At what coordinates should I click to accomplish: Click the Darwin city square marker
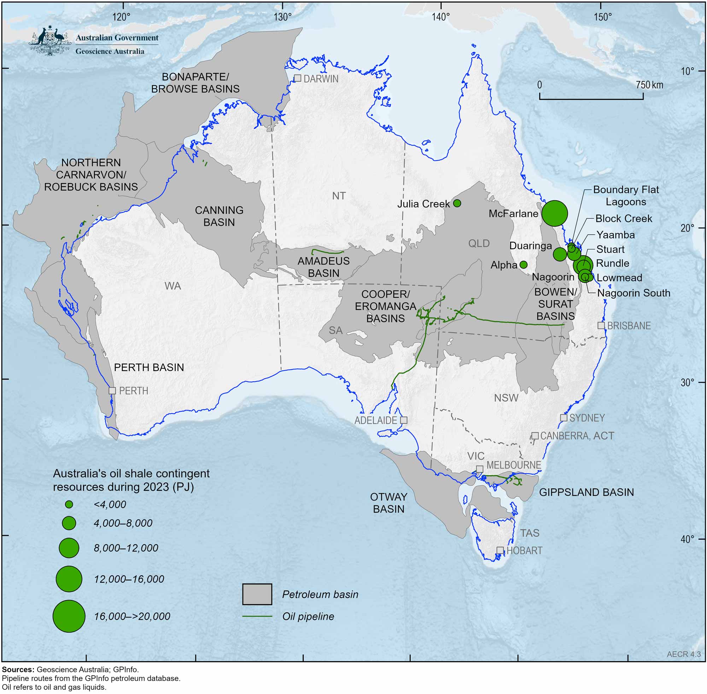point(298,78)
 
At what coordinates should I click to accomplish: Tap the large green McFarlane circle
point(555,213)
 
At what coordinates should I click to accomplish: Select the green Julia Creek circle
point(457,203)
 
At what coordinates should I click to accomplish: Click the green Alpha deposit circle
point(523,264)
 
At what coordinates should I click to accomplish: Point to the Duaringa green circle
point(560,254)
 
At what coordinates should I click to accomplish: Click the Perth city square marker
point(112,390)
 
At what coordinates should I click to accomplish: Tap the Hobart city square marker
point(500,550)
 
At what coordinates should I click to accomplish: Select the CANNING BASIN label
point(219,216)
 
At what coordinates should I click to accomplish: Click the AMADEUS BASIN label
point(323,267)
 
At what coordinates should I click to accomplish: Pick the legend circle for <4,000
point(69,504)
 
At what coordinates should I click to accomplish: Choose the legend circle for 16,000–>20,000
point(69,616)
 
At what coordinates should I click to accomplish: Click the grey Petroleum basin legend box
point(257,594)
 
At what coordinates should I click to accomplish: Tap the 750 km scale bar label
point(649,85)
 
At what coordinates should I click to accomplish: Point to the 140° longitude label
point(441,17)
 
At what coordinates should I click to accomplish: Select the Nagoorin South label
point(634,293)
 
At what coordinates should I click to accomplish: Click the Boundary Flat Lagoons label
point(626,195)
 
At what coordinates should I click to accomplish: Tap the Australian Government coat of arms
point(49,41)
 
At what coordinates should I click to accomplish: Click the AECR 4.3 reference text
point(684,654)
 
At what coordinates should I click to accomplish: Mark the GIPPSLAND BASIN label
point(586,492)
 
